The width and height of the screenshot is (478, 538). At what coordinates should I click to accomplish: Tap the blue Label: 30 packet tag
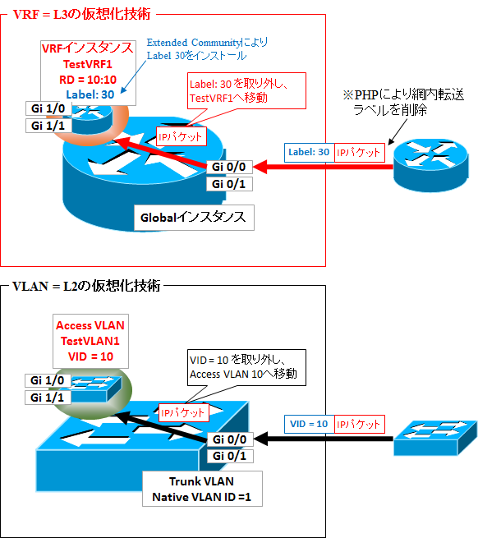310,152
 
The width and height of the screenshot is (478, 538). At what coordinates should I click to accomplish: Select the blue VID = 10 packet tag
310,425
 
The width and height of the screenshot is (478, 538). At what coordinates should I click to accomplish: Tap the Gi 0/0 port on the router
229,168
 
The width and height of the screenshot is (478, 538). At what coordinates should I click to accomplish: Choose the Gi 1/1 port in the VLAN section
48,397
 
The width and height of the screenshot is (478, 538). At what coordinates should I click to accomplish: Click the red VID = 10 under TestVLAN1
85,356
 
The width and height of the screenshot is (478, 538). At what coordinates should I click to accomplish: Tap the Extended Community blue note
207,48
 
